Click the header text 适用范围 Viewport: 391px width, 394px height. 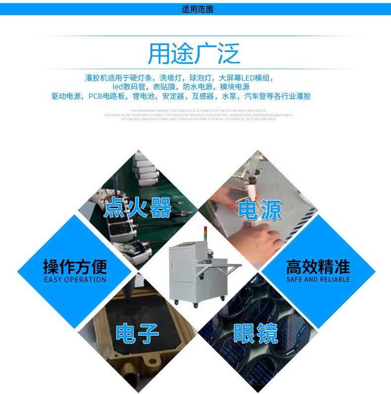pyautogui.click(x=197, y=9)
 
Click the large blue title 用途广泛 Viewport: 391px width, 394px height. pyautogui.click(x=194, y=54)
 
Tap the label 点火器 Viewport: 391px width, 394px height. pyautogui.click(x=138, y=208)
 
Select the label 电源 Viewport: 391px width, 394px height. pyautogui.click(x=259, y=210)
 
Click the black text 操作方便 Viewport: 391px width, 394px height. pyautogui.click(x=75, y=267)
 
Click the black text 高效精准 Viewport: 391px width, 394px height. pyautogui.click(x=318, y=267)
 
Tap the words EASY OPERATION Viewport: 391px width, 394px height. pyautogui.click(x=75, y=280)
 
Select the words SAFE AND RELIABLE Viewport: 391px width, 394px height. pyautogui.click(x=318, y=280)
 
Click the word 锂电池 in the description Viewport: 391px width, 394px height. pyautogui.click(x=144, y=96)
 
